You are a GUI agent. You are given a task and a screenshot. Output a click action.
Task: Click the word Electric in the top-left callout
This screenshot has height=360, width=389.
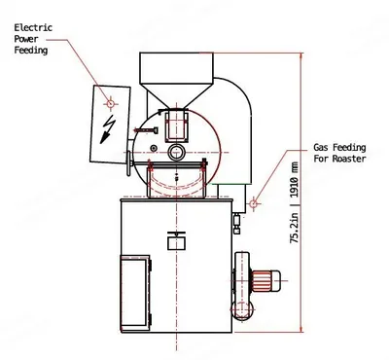[x=33, y=27]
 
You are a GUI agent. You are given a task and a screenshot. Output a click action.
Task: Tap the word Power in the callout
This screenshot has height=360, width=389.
[x=26, y=39]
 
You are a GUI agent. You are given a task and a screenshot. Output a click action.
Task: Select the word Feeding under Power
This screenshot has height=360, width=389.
[x=31, y=51]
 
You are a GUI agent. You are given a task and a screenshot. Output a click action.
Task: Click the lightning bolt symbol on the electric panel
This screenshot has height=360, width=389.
[x=108, y=129]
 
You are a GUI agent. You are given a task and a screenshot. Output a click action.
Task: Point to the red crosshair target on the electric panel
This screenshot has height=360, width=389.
[x=110, y=104]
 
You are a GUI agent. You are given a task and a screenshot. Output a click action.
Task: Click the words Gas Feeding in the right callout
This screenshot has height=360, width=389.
[x=339, y=148]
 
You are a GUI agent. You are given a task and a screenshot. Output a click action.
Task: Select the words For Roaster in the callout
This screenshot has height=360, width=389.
[x=339, y=159]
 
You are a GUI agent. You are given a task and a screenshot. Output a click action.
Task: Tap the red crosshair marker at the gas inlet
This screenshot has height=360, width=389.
[x=254, y=203]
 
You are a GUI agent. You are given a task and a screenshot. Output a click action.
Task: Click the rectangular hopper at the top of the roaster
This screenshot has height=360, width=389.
[x=176, y=67]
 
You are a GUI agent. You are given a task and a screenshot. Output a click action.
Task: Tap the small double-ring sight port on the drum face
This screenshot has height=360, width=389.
[x=176, y=152]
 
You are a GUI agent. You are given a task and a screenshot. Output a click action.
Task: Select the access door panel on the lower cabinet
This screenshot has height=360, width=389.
[x=135, y=292]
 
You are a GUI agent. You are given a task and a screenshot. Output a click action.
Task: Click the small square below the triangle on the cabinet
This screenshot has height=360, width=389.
[x=176, y=243]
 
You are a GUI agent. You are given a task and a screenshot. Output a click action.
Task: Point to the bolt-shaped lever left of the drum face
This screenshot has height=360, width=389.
[x=146, y=130]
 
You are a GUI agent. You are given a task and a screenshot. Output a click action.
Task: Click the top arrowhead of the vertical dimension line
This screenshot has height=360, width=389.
[x=301, y=56]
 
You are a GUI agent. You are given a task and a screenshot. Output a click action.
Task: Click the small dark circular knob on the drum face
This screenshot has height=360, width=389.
[x=154, y=148]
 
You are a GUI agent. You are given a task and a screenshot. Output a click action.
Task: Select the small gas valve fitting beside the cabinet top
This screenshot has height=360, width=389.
[x=236, y=224]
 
